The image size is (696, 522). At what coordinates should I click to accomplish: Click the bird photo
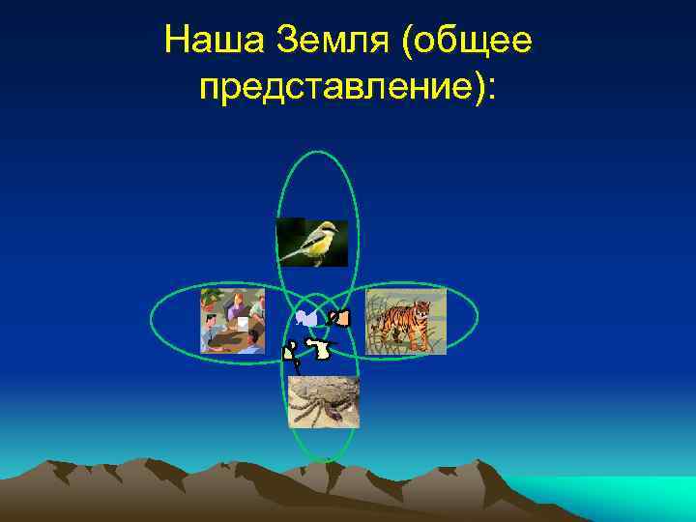311,242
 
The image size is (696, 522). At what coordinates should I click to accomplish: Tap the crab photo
324,401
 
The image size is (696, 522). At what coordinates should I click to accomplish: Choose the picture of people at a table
232,320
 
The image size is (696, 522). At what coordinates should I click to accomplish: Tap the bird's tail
287,255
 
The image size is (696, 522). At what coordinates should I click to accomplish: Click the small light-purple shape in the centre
306,318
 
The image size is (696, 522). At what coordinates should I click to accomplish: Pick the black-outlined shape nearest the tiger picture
339,316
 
